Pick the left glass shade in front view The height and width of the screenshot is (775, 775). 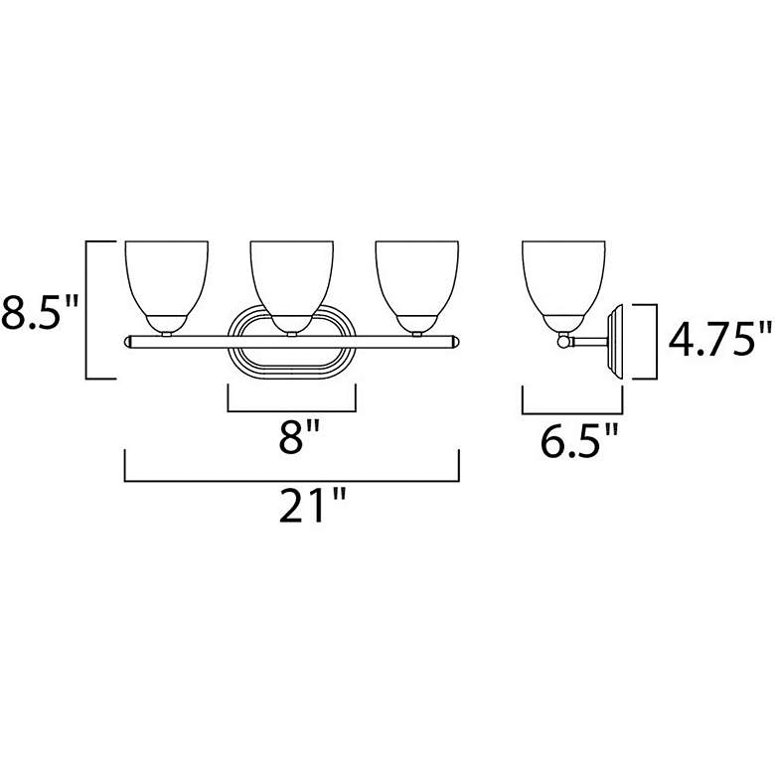click(166, 278)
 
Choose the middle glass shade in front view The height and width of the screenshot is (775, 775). click(291, 278)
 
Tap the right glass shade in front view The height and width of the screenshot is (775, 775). click(416, 278)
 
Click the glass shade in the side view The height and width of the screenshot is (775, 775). click(564, 278)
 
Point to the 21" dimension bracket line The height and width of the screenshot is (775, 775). click(290, 481)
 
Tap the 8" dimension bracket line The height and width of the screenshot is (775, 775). click(291, 409)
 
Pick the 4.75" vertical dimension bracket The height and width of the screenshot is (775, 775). click(656, 341)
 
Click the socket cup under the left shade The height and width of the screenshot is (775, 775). click(166, 324)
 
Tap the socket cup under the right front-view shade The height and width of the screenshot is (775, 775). click(416, 324)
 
